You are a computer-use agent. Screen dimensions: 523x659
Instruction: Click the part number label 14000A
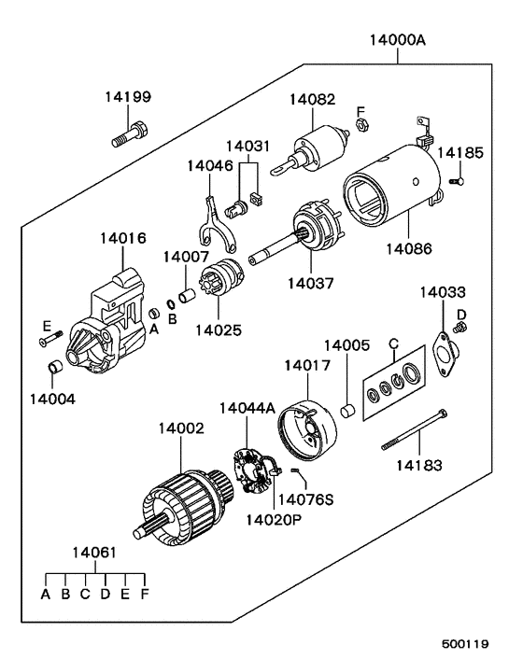click(x=397, y=40)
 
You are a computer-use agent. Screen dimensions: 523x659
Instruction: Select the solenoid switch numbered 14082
click(x=312, y=150)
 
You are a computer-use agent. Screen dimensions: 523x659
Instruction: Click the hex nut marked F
click(x=362, y=125)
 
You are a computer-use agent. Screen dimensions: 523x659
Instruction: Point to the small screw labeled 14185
click(x=457, y=181)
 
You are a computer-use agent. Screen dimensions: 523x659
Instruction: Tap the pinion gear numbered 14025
click(x=220, y=278)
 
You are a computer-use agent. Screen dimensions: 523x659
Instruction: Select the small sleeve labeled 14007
click(x=187, y=295)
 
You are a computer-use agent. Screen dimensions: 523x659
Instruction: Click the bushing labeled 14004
click(x=55, y=366)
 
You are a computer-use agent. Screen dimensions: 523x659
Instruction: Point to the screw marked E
click(x=50, y=339)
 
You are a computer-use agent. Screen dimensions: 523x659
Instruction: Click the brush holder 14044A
click(x=253, y=470)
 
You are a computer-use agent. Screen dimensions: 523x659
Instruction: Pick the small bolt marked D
click(x=460, y=327)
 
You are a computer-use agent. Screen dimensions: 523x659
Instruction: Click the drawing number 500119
click(x=465, y=643)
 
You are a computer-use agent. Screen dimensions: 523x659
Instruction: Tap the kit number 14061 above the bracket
click(x=94, y=553)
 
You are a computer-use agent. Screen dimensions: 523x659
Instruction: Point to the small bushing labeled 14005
click(x=347, y=411)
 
